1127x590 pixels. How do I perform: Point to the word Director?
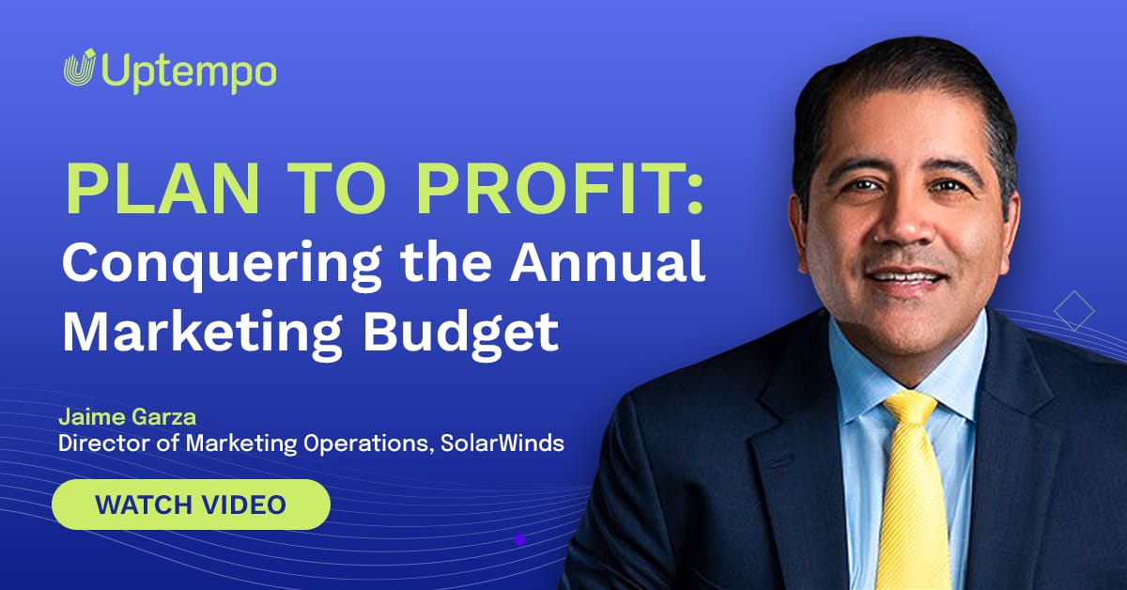click(x=102, y=442)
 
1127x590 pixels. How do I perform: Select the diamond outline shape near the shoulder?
click(x=1074, y=311)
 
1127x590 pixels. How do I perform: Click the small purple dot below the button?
click(x=519, y=539)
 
